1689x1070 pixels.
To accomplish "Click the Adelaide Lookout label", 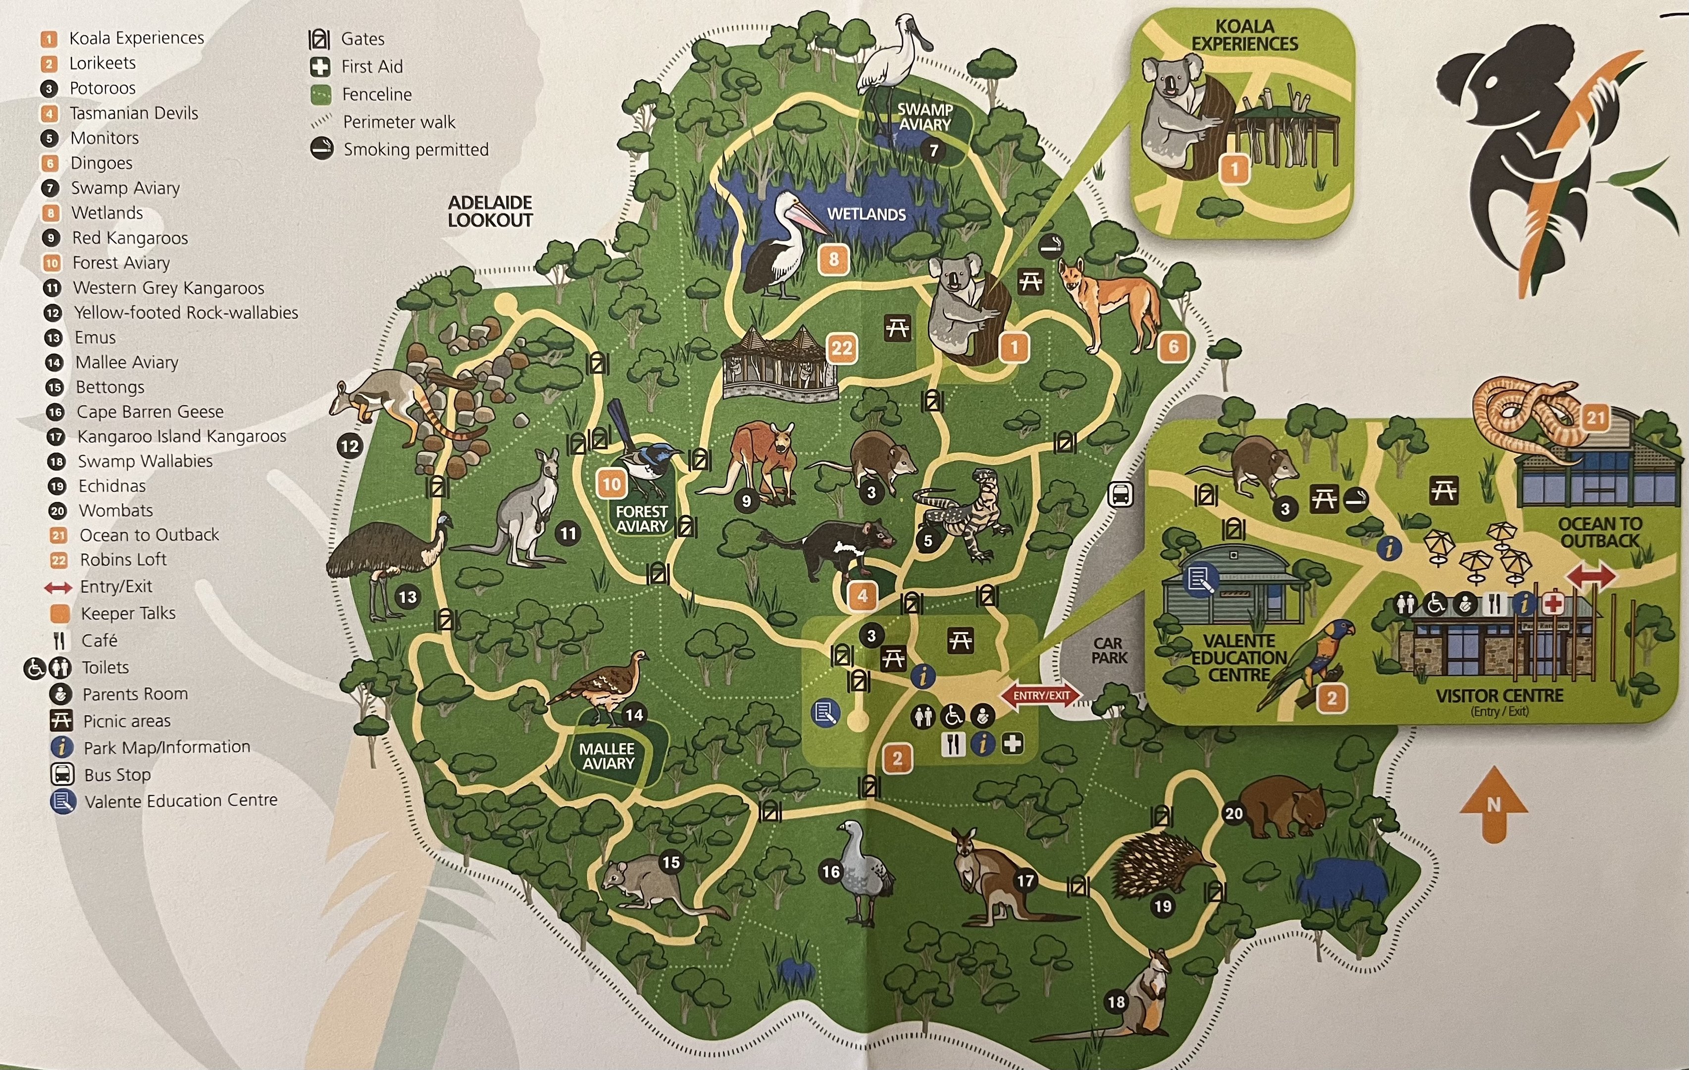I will [490, 211].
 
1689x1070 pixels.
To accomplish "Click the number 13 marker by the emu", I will [408, 597].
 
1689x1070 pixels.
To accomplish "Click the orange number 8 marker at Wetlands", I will [833, 260].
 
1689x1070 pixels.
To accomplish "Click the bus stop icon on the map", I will [1120, 495].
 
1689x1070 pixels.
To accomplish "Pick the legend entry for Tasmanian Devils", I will [133, 113].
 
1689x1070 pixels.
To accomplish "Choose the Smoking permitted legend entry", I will [415, 150].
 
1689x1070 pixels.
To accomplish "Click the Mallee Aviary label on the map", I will [608, 756].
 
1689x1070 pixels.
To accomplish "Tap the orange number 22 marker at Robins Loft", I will [842, 348].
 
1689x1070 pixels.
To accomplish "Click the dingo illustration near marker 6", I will [1108, 302].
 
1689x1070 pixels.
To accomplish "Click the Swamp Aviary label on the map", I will [924, 116].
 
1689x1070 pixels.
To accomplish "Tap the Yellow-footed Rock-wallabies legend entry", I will [186, 313].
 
